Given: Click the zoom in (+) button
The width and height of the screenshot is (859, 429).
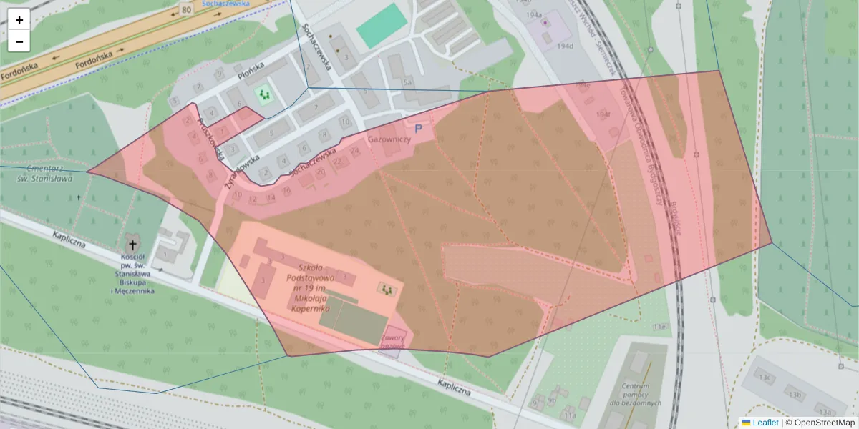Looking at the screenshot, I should coord(19,20).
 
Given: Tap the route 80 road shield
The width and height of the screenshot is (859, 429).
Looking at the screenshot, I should coord(187,10).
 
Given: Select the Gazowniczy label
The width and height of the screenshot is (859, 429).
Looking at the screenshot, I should coord(389,139).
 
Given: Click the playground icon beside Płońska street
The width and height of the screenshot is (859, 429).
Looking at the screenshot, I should coord(265,94).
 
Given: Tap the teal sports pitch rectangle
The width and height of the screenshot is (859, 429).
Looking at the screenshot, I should coord(380,26).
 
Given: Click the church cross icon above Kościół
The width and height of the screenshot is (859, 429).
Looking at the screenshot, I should coord(132,245).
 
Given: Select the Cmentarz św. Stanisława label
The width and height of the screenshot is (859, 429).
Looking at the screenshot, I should coord(47,174).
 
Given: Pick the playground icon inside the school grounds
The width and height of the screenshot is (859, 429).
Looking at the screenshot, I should coord(387,289).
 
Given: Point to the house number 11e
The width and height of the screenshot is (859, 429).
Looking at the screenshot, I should coord(659,327).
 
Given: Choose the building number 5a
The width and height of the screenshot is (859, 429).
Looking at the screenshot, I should coord(408,83).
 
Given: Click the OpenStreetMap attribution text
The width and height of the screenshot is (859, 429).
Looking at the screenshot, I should coord(824,423).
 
